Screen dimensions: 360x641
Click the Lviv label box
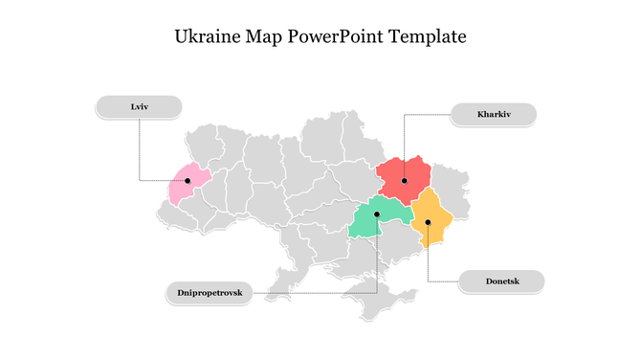click(140, 106)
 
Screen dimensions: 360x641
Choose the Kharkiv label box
click(494, 115)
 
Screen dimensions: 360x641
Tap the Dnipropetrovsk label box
click(210, 292)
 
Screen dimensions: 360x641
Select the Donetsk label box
click(501, 281)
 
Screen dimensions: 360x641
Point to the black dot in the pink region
click(188, 180)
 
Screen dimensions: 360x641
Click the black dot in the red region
click(405, 180)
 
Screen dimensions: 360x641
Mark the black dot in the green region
click(377, 214)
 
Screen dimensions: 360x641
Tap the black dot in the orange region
click(428, 222)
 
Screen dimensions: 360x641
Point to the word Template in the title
click(431, 38)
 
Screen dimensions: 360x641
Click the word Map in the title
click(265, 38)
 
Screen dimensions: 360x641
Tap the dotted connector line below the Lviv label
click(140, 148)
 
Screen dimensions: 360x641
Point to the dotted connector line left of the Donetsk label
click(443, 281)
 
